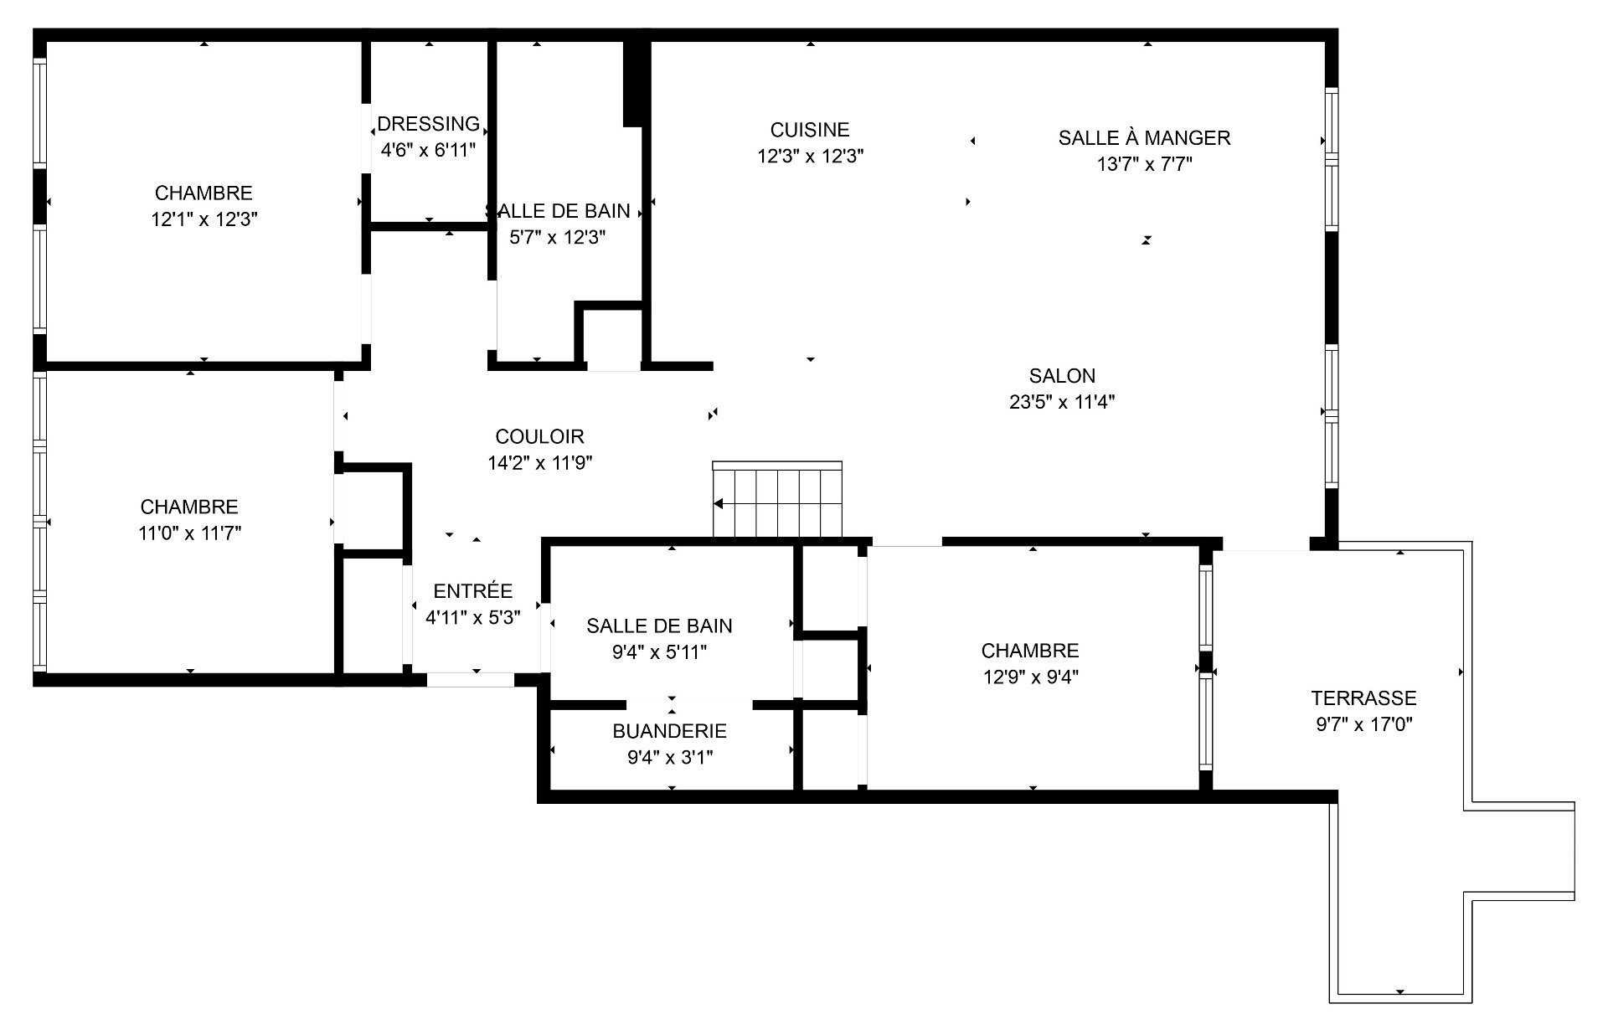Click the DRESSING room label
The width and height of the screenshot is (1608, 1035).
428,124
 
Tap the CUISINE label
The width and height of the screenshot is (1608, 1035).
810,130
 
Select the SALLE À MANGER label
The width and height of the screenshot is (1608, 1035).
1144,138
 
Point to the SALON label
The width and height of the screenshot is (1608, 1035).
1062,376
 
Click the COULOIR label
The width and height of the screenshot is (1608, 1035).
539,436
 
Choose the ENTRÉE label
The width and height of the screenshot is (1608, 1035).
472,591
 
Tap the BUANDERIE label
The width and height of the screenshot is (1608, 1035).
669,731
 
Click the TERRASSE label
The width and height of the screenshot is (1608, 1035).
1363,698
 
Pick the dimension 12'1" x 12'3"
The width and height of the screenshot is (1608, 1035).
204,219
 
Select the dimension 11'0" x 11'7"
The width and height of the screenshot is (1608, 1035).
189,533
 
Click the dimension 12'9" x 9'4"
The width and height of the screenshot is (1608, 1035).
1030,677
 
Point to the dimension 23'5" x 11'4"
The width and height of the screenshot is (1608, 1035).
1062,402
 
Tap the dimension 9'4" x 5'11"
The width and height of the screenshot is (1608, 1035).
659,651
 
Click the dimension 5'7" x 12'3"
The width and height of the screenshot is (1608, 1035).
557,238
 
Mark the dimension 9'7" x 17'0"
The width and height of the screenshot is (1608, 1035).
1363,724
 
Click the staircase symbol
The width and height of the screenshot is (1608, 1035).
777,500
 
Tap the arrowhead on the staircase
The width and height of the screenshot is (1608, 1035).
719,504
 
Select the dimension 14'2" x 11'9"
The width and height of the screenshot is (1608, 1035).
540,462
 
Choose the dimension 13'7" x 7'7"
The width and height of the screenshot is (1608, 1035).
1144,164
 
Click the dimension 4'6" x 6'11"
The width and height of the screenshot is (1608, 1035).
428,151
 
